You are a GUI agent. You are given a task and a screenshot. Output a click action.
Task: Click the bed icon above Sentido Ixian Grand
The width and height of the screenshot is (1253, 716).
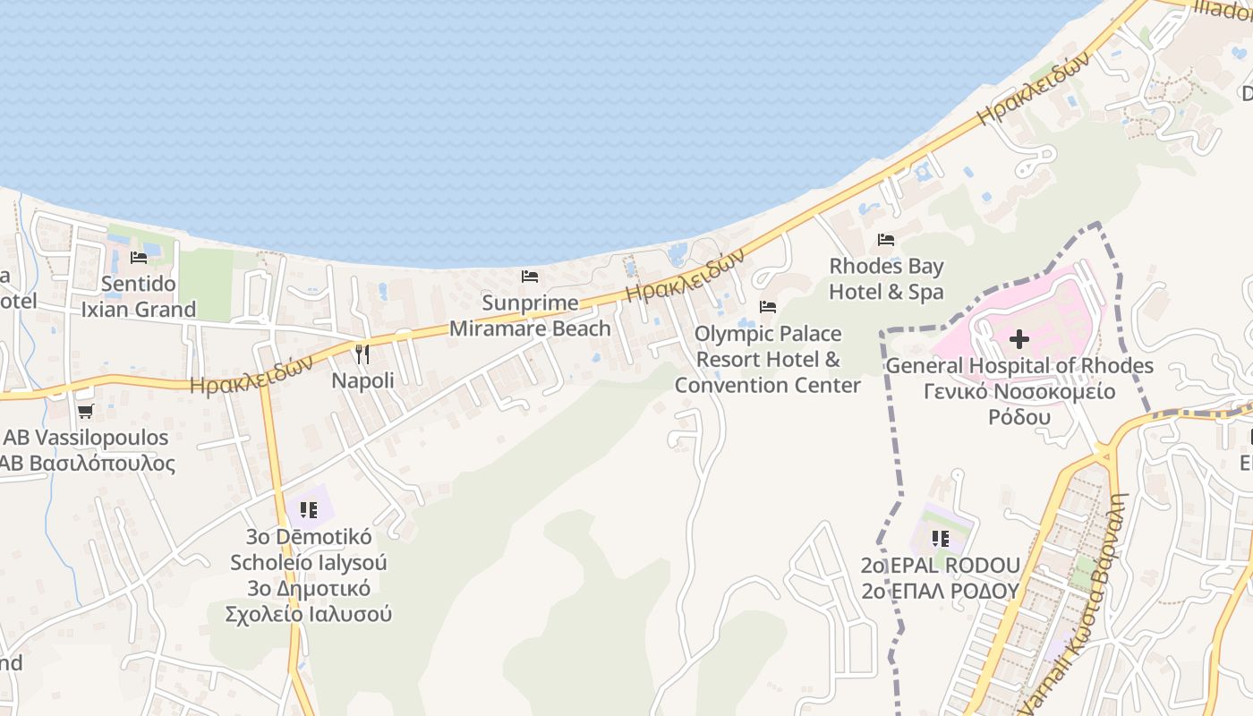[139, 258]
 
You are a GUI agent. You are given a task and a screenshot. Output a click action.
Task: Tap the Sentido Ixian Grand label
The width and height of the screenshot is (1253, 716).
[138, 297]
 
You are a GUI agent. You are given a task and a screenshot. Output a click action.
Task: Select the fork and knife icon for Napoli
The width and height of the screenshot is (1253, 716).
[362, 354]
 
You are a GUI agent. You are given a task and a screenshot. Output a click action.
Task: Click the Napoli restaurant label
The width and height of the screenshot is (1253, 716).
[362, 380]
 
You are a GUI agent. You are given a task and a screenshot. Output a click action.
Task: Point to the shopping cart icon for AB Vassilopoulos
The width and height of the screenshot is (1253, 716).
[85, 412]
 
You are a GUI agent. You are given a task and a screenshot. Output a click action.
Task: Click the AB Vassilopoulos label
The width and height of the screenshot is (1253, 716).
[86, 438]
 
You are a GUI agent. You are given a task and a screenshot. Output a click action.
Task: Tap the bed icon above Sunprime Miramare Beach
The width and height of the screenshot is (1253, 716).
[530, 277]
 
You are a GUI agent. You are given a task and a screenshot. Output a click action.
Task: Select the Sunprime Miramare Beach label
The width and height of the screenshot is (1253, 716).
[530, 316]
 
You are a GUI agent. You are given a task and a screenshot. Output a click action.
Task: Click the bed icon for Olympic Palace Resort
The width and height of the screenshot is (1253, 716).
[768, 307]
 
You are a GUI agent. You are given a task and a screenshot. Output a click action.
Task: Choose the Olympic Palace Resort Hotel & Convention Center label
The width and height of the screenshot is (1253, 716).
[768, 359]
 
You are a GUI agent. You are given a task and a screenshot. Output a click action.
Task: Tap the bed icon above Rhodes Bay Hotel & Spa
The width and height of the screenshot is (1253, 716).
[886, 240]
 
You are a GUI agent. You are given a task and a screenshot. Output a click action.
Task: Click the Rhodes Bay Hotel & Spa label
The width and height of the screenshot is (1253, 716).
[886, 279]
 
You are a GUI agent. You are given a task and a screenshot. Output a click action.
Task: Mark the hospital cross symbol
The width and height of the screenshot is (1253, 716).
[1019, 339]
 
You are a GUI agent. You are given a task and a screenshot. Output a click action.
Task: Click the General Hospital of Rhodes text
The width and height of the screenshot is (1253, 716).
[1019, 366]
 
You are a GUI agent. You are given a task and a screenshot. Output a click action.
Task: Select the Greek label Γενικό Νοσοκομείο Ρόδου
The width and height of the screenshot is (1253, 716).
[1019, 405]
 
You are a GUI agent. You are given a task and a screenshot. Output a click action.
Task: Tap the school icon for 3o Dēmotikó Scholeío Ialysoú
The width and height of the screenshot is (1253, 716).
[309, 510]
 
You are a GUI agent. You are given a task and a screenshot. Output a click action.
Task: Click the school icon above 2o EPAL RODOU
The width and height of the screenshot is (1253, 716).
[940, 539]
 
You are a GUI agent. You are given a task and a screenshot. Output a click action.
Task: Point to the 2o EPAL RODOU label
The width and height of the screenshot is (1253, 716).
[940, 566]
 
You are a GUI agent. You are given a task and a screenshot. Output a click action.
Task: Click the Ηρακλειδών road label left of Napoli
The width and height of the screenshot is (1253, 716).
[251, 374]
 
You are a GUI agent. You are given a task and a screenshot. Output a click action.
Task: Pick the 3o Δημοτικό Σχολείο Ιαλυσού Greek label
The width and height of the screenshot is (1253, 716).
[309, 601]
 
